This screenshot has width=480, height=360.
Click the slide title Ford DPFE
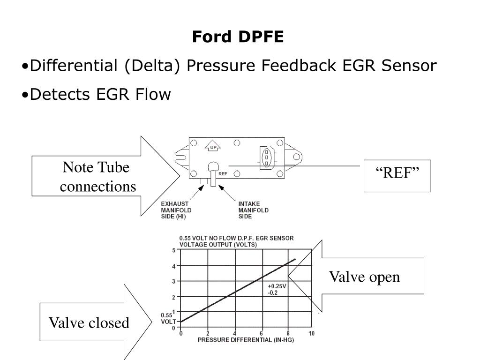pos(238,37)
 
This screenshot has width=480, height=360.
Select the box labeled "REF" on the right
pos(397,176)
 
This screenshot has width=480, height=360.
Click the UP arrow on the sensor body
pos(213,146)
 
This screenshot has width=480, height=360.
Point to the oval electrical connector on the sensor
pos(266,157)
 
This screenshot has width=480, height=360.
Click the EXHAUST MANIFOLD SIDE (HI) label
pos(176,210)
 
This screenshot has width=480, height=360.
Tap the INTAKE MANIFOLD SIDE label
pos(254,210)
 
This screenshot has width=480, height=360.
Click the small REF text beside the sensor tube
pos(223,173)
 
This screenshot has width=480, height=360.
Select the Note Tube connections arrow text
pos(97,177)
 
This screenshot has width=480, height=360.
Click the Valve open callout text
pos(364,277)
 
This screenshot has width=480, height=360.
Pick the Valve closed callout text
pos(89,322)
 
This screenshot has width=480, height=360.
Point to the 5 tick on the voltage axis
pos(174,250)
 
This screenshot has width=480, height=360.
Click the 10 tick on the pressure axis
pos(311,333)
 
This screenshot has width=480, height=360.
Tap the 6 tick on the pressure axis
pos(261,333)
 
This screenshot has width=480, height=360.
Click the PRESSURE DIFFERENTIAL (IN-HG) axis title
pos(246,340)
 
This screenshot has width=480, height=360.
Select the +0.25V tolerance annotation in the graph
pos(277,286)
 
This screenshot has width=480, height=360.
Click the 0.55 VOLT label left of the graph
pos(168,318)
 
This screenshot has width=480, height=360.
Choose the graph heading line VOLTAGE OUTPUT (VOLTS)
pos(218,245)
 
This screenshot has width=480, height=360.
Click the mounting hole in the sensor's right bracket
pos(296,157)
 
